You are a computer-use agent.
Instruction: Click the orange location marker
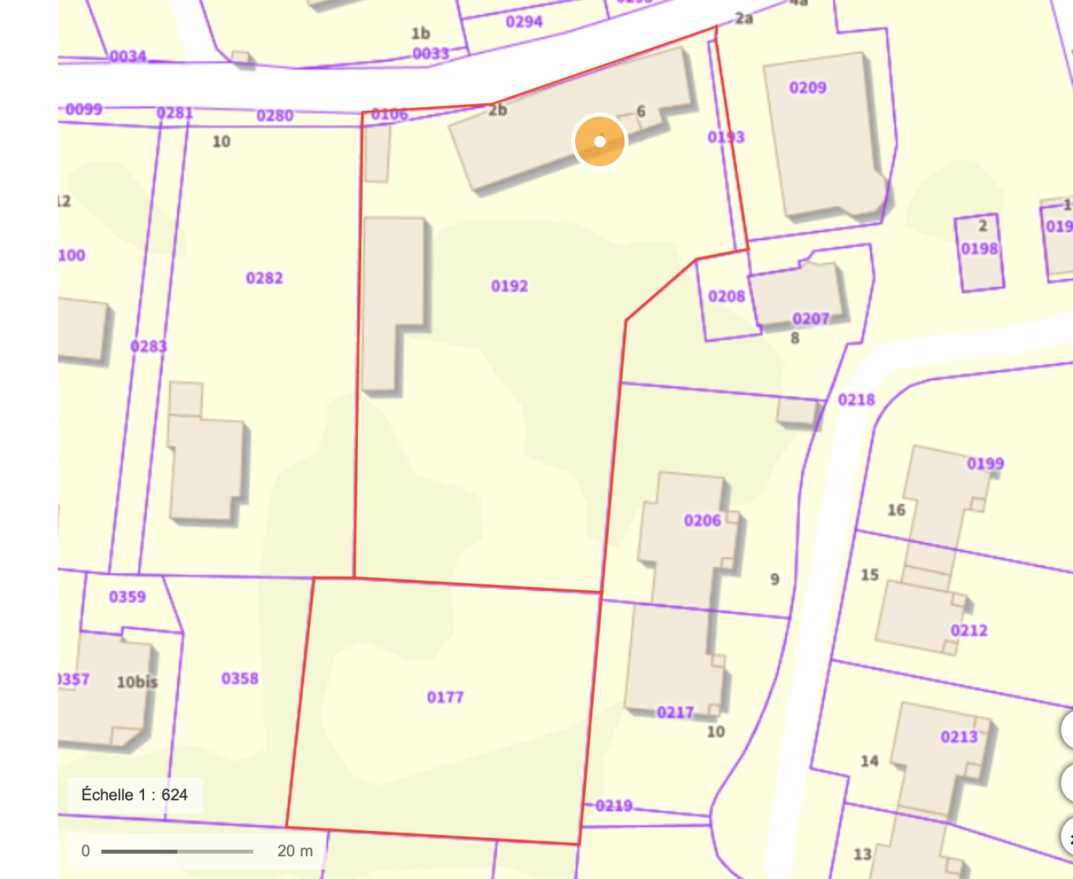pyautogui.click(x=600, y=141)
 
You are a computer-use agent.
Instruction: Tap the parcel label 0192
pyautogui.click(x=509, y=286)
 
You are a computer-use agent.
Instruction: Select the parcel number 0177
pyautogui.click(x=445, y=697)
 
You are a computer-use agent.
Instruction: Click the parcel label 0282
pyautogui.click(x=264, y=278)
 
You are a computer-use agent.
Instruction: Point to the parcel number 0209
pyautogui.click(x=807, y=87)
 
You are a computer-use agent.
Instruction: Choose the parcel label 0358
pyautogui.click(x=240, y=678)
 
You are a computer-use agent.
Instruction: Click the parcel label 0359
pyautogui.click(x=128, y=597)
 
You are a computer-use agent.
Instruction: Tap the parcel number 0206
pyautogui.click(x=702, y=520)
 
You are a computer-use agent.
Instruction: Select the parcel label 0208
pyautogui.click(x=726, y=296)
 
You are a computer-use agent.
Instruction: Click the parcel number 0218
pyautogui.click(x=856, y=400)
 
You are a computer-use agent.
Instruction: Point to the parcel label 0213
pyautogui.click(x=959, y=737)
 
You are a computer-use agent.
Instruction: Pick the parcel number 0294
pyautogui.click(x=524, y=21)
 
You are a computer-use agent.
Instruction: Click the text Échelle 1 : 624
pyautogui.click(x=134, y=794)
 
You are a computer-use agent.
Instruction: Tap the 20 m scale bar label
pyautogui.click(x=294, y=851)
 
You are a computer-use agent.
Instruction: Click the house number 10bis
pyautogui.click(x=137, y=682)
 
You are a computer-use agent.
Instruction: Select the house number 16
pyautogui.click(x=896, y=510)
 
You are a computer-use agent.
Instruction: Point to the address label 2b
pyautogui.click(x=497, y=110)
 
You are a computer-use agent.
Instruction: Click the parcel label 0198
pyautogui.click(x=979, y=248)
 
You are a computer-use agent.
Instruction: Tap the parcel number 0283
pyautogui.click(x=148, y=347)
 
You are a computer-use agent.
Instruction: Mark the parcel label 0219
pyautogui.click(x=613, y=806)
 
